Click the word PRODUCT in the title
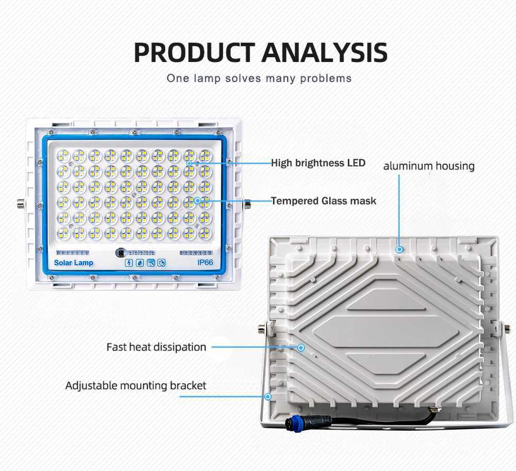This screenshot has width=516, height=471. pyautogui.click(x=195, y=53)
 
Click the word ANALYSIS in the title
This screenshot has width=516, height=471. pyautogui.click(x=325, y=53)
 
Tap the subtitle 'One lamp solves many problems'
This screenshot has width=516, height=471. pyautogui.click(x=259, y=78)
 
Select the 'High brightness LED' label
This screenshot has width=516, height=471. pyautogui.click(x=318, y=163)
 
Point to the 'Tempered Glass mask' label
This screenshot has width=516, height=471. pyautogui.click(x=324, y=201)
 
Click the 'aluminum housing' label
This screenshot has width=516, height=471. pyautogui.click(x=429, y=166)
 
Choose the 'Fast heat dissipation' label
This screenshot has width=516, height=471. pyautogui.click(x=156, y=347)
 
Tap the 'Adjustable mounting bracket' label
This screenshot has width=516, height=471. pyautogui.click(x=136, y=386)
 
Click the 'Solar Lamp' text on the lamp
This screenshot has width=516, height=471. pyautogui.click(x=73, y=263)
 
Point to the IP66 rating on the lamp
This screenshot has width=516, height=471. pyautogui.click(x=205, y=262)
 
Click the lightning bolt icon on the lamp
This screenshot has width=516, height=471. pyautogui.click(x=128, y=263)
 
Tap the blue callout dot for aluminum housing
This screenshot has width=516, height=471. pyautogui.click(x=399, y=249)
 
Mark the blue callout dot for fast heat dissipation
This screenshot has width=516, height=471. pyautogui.click(x=301, y=348)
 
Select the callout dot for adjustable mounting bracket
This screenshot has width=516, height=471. pyautogui.click(x=268, y=397)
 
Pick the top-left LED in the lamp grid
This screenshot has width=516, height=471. pyautogui.click(x=63, y=156)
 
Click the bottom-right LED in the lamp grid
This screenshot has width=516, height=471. pyautogui.click(x=205, y=233)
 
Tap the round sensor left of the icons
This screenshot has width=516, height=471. pyautogui.click(x=121, y=253)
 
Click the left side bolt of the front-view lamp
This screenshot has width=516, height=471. pyautogui.click(x=21, y=204)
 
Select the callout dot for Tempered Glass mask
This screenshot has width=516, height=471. pyautogui.click(x=197, y=200)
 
